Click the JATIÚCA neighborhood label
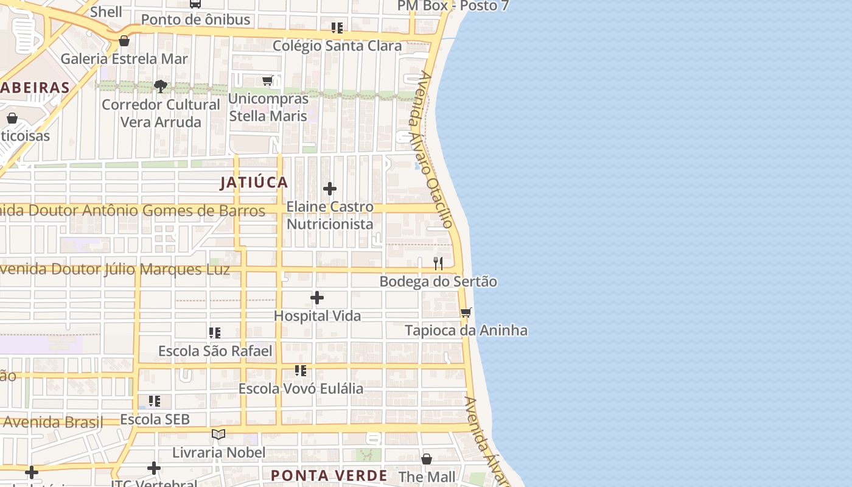click(254, 182)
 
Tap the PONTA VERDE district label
click(329, 475)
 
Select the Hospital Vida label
click(317, 316)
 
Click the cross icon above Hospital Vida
click(317, 298)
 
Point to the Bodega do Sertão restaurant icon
click(438, 263)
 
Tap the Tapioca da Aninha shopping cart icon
click(466, 312)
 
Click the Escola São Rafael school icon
click(214, 333)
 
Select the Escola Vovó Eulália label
click(301, 388)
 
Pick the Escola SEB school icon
click(155, 401)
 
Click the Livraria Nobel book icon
click(218, 434)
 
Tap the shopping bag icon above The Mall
click(427, 458)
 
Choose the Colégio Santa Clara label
click(337, 46)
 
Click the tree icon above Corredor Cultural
click(160, 86)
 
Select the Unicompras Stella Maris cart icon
click(267, 80)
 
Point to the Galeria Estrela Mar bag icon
click(124, 41)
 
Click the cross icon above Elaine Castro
click(329, 189)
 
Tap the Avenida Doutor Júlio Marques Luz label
click(115, 269)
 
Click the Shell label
click(106, 12)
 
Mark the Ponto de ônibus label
click(195, 19)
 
